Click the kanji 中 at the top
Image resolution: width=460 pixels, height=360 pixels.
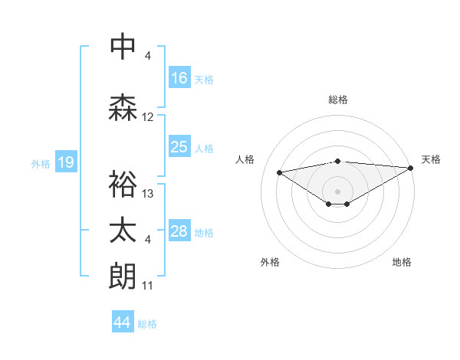point(123,47)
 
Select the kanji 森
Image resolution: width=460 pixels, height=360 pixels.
point(123,108)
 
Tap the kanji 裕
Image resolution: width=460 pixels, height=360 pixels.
point(123,184)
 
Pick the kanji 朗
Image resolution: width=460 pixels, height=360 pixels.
point(123,277)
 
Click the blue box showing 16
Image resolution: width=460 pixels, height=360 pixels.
point(179,77)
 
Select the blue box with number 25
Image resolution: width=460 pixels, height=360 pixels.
point(179,147)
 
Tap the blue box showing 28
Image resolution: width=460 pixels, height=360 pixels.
point(179,231)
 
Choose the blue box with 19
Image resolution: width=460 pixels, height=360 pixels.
point(66,162)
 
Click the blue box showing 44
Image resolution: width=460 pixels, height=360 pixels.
point(122,322)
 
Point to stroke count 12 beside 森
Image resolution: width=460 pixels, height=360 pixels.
point(148,117)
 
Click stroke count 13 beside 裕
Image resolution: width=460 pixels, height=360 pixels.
point(148,193)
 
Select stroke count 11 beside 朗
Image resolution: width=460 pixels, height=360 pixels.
point(148,286)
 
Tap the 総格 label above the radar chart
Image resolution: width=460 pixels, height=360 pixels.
point(338,100)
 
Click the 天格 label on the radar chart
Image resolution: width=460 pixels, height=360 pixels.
point(431,159)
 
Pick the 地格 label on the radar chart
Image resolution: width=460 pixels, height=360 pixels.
point(402,262)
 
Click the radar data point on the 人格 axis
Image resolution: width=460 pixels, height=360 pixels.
point(279,172)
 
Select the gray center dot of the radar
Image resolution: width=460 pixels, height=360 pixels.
point(337,190)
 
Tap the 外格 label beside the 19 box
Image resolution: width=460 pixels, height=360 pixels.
point(40,163)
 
